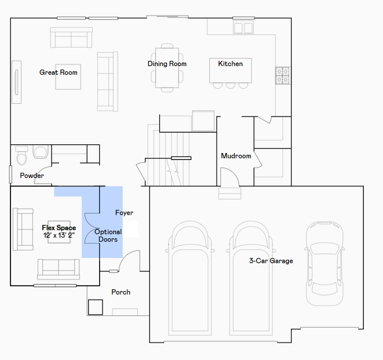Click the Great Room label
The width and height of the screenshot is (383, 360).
pyautogui.click(x=59, y=72)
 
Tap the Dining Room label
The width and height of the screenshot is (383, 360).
pyautogui.click(x=167, y=64)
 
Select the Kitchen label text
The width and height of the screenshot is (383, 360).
pyautogui.click(x=231, y=64)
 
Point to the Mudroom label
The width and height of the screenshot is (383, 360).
pyautogui.click(x=236, y=156)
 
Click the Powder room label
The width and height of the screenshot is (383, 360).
pyautogui.click(x=32, y=176)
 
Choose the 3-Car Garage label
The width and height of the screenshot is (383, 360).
pyautogui.click(x=271, y=261)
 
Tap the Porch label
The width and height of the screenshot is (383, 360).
pyautogui.click(x=121, y=292)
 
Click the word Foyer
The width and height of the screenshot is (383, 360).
pyautogui.click(x=125, y=213)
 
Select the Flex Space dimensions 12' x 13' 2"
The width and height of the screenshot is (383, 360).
pyautogui.click(x=59, y=235)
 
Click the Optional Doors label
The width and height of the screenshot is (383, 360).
pyautogui.click(x=108, y=235)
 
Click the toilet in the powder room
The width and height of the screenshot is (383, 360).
pyautogui.click(x=21, y=155)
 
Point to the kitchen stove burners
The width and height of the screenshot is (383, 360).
pyautogui.click(x=283, y=75)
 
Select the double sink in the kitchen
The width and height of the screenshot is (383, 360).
pyautogui.click(x=243, y=27)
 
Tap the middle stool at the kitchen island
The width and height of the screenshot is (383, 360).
pyautogui.click(x=231, y=85)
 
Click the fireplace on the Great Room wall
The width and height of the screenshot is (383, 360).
pyautogui.click(x=17, y=82)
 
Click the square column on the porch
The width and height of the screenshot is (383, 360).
pyautogui.click(x=95, y=307)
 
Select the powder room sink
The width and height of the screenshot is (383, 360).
pyautogui.click(x=41, y=152)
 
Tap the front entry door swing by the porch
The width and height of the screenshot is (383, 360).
pyautogui.click(x=129, y=260)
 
